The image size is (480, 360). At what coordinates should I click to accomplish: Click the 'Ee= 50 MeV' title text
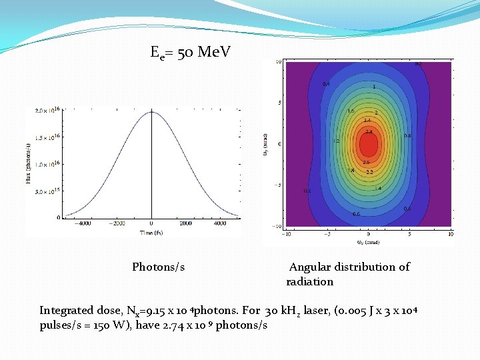click(x=191, y=52)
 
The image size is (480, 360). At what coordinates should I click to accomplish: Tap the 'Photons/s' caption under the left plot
click(x=158, y=267)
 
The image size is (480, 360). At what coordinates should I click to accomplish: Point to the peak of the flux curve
click(x=151, y=111)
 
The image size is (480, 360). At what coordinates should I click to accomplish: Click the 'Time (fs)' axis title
click(x=151, y=233)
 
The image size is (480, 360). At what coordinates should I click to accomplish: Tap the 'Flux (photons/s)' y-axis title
click(x=29, y=164)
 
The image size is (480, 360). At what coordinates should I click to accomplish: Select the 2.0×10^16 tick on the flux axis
click(x=48, y=109)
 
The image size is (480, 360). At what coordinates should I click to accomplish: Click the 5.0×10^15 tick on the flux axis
click(x=48, y=191)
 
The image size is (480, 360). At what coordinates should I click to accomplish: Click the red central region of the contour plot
click(x=369, y=145)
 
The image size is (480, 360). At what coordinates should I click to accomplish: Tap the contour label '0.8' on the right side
click(x=407, y=135)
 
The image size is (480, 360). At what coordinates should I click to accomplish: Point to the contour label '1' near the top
click(x=374, y=87)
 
